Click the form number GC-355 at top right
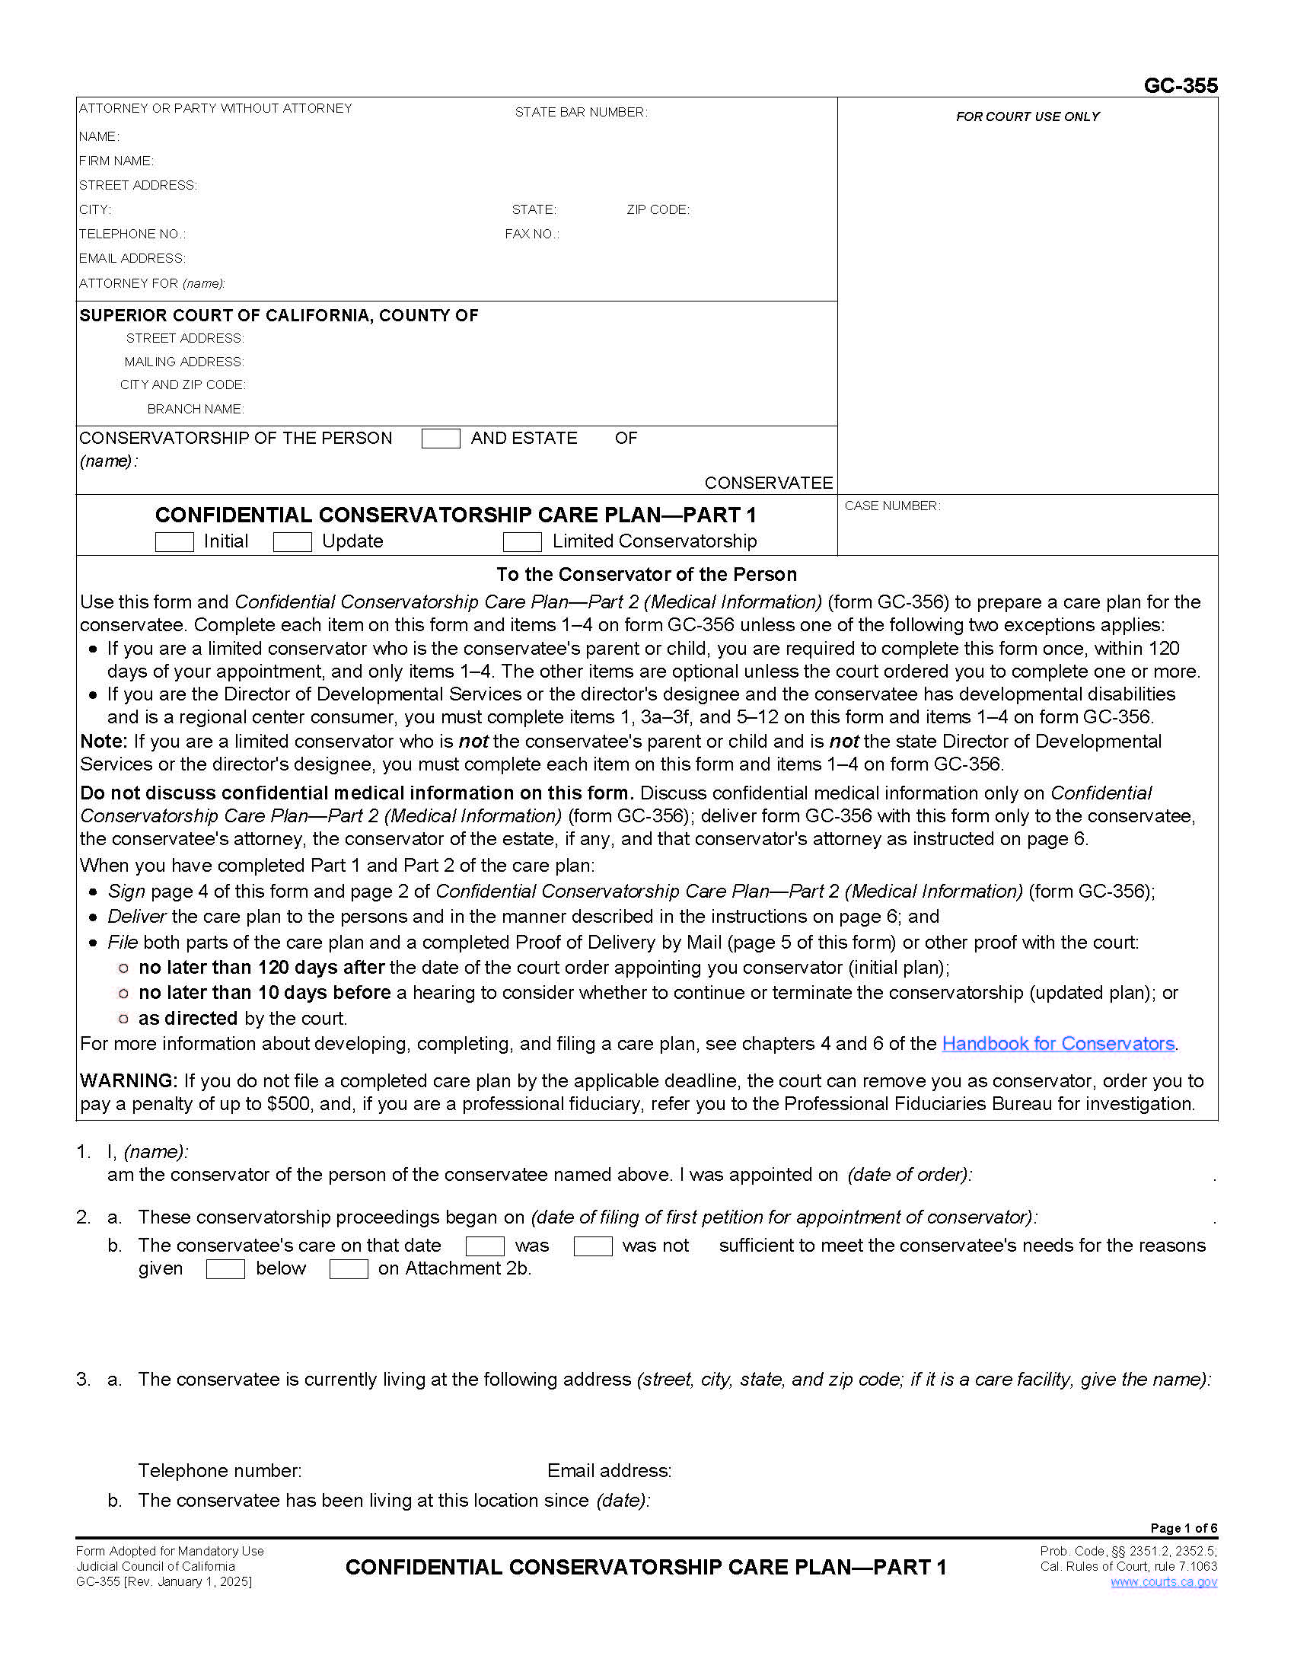(1180, 85)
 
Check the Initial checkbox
(174, 541)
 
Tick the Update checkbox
(292, 541)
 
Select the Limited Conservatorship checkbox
(522, 541)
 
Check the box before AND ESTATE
(441, 439)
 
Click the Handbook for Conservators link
(1058, 1044)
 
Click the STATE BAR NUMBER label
(580, 112)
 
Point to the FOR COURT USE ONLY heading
(1028, 116)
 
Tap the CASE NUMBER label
(891, 506)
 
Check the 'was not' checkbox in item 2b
(592, 1246)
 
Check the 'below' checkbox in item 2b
(225, 1269)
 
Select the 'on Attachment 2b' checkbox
(349, 1269)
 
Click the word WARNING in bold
(128, 1080)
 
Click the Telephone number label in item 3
(219, 1471)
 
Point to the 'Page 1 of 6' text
(1183, 1528)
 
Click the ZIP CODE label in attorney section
(658, 209)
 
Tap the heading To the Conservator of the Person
(646, 574)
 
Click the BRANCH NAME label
(196, 409)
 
